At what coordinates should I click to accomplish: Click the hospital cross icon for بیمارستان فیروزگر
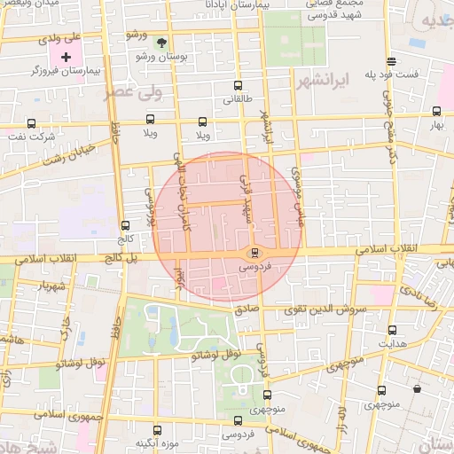[66, 56]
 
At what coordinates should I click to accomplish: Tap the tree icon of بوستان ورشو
[160, 42]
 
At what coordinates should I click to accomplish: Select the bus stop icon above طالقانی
[237, 86]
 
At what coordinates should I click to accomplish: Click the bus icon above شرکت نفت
[32, 123]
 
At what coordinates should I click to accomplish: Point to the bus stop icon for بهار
[436, 112]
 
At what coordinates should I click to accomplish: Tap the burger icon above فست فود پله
[391, 60]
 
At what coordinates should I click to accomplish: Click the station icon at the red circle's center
[255, 254]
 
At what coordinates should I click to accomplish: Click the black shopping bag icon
[418, 387]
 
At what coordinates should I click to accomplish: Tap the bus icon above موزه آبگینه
[158, 429]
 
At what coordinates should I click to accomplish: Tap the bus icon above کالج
[124, 225]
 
